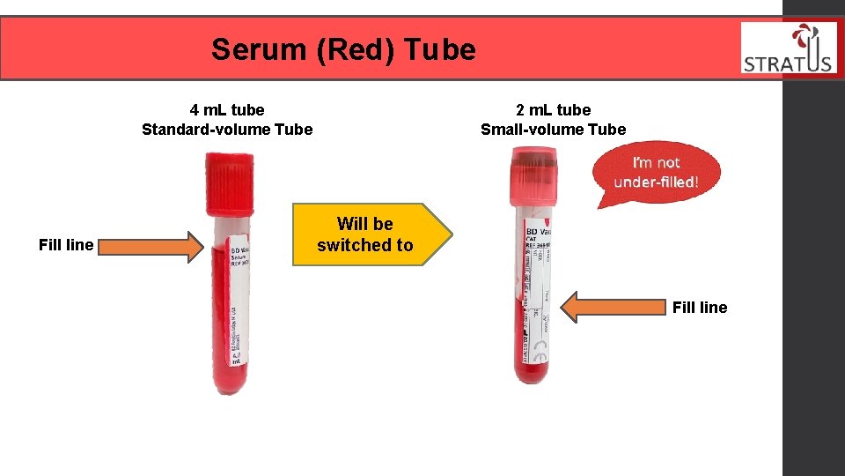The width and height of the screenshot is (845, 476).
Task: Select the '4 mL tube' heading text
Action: point(227,110)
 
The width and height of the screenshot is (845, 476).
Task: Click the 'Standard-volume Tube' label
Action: point(227,130)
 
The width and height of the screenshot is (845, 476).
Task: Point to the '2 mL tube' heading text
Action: point(553,110)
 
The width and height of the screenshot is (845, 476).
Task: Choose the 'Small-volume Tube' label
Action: point(553,130)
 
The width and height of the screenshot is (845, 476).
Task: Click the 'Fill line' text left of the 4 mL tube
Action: point(66,245)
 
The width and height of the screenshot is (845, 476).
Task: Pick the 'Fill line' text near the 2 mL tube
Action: point(699,308)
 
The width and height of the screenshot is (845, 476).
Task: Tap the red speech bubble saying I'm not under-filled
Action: point(656,174)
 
